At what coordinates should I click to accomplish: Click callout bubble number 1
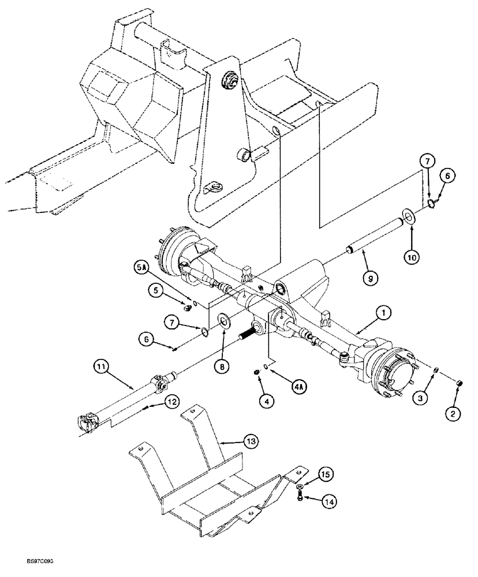coord(383,313)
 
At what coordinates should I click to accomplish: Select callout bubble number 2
coord(456,414)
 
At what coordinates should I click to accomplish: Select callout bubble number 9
coord(371,279)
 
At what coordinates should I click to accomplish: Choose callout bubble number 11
coord(102,366)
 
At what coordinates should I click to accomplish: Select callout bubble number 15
coord(325,475)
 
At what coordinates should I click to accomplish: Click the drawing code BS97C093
coord(28,560)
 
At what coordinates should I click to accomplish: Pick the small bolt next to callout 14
coord(300,497)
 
